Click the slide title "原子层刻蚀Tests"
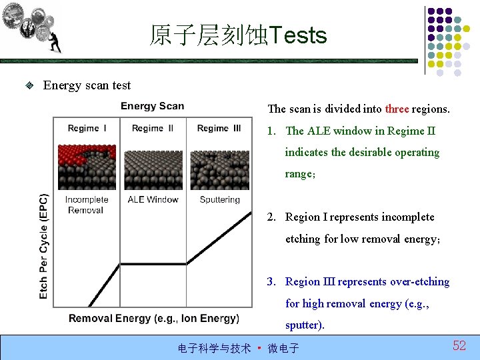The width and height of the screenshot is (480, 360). (x=238, y=35)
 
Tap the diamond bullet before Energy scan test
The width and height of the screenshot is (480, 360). (x=29, y=85)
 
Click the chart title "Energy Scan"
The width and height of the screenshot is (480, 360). (x=152, y=106)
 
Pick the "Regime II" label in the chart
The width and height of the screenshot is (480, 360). (x=153, y=128)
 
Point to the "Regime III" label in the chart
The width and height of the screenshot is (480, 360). (x=219, y=128)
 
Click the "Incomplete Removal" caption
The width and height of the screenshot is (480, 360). (x=86, y=205)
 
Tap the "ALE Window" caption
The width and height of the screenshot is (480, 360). (x=153, y=199)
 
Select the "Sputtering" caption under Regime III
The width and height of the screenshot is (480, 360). (x=219, y=199)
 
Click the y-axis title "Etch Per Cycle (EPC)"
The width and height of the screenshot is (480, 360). (x=44, y=246)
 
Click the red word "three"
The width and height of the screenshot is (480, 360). (x=397, y=109)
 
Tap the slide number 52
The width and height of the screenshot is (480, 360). (x=459, y=345)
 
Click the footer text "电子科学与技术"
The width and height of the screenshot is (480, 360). (x=214, y=348)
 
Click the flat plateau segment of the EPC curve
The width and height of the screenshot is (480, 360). (x=153, y=265)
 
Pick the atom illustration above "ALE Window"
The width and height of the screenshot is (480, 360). (x=153, y=170)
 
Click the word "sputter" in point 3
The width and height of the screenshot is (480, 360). (x=303, y=325)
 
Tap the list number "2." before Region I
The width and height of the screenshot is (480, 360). (x=272, y=217)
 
